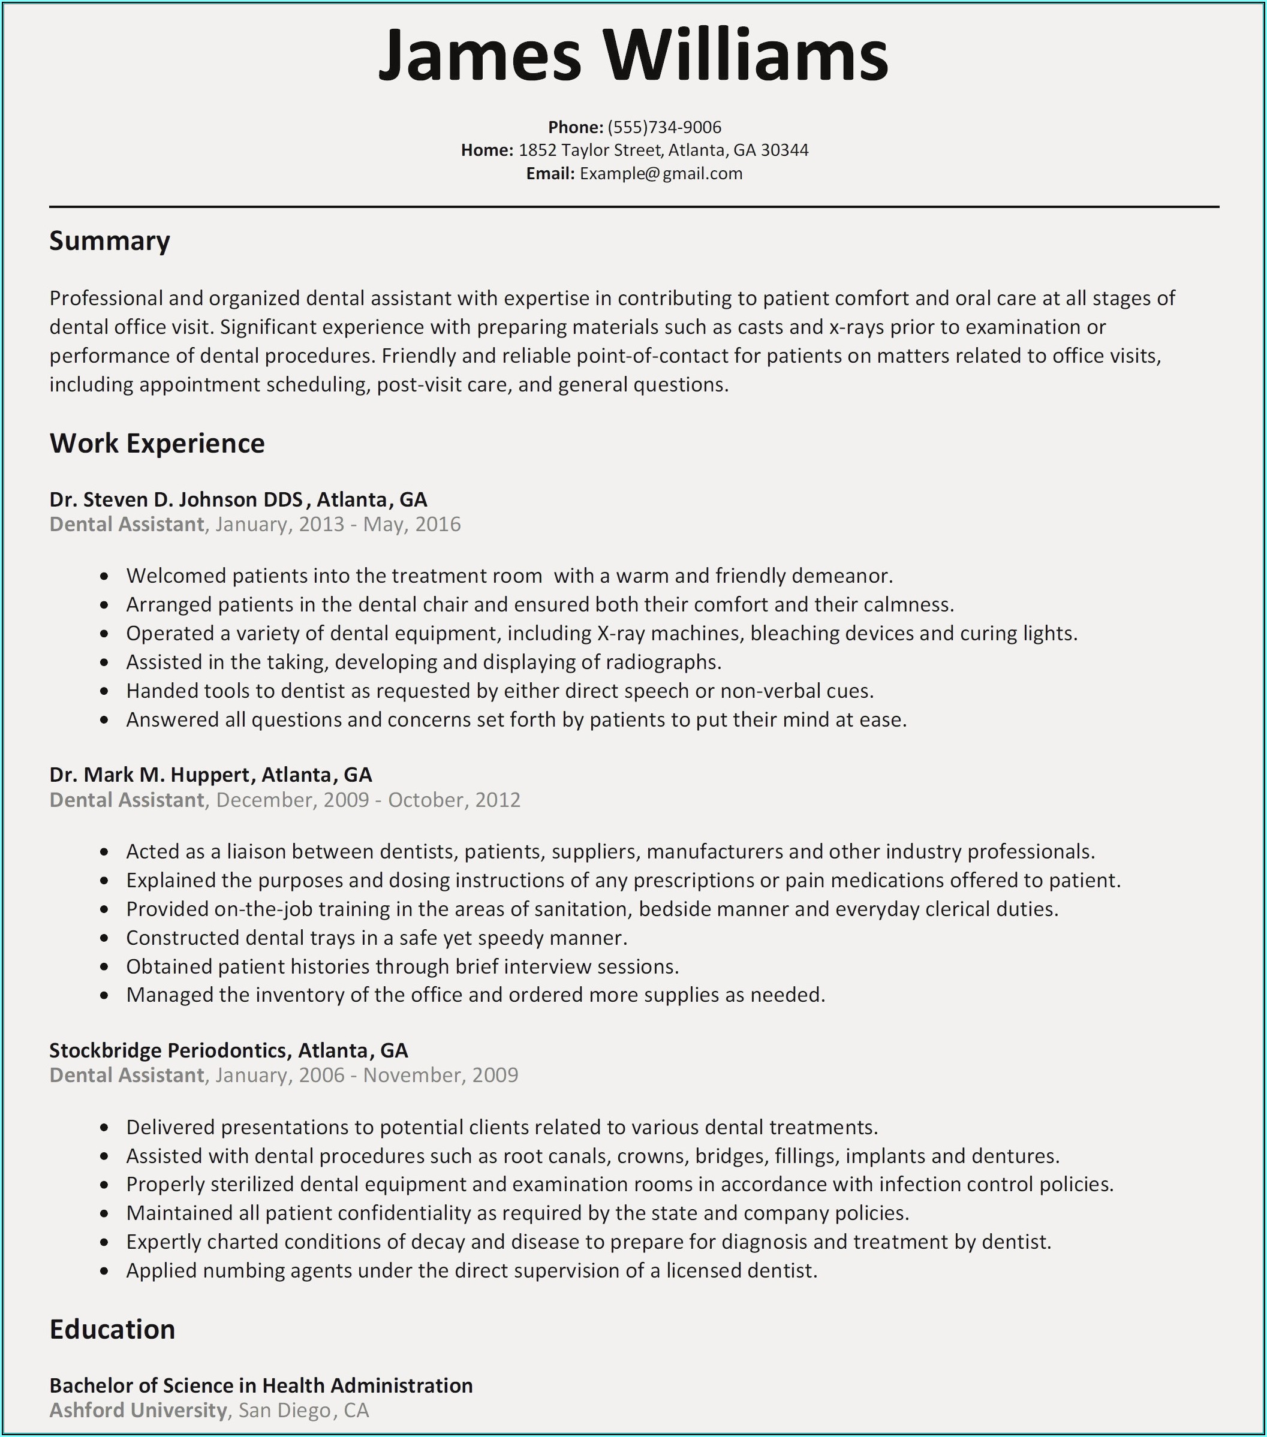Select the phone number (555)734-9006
tap(664, 127)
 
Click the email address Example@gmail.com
tap(660, 174)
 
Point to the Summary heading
tap(110, 241)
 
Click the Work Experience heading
tap(157, 444)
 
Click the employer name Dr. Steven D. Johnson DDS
tap(176, 500)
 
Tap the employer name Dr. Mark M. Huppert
tap(149, 775)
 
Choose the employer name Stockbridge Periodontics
tap(168, 1050)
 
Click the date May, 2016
tap(411, 525)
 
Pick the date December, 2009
tap(293, 800)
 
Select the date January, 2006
tap(280, 1075)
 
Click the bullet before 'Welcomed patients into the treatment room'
tap(105, 577)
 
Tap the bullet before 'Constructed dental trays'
tap(105, 939)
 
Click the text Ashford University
tap(138, 1410)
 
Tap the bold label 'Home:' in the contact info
tap(486, 150)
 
